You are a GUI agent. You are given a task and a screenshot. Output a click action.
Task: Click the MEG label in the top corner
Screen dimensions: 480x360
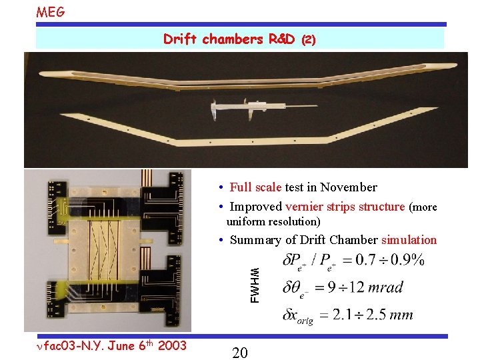pos(51,11)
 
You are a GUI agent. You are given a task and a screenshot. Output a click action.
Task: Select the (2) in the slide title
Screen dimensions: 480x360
pos(308,40)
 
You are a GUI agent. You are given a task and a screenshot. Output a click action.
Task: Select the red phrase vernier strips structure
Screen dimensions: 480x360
pos(345,206)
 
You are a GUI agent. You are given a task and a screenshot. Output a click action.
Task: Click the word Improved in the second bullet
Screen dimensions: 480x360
pos(255,206)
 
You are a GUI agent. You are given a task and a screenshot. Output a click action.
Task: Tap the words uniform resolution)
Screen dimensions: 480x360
pos(273,221)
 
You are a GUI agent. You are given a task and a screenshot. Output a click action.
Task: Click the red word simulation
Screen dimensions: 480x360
pos(409,240)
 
